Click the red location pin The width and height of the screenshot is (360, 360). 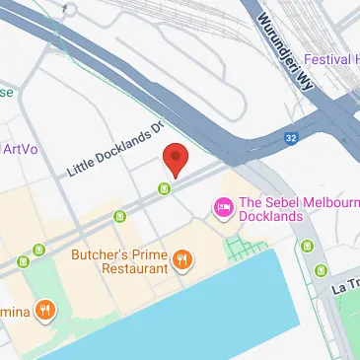175,158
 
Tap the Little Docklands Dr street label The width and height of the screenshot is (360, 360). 113,150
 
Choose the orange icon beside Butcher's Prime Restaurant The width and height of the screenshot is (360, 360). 182,260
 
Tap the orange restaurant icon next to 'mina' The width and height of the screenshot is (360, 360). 45,312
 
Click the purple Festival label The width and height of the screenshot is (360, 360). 333,59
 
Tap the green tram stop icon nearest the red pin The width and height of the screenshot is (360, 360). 166,188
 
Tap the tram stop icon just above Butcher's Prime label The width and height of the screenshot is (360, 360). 120,215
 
